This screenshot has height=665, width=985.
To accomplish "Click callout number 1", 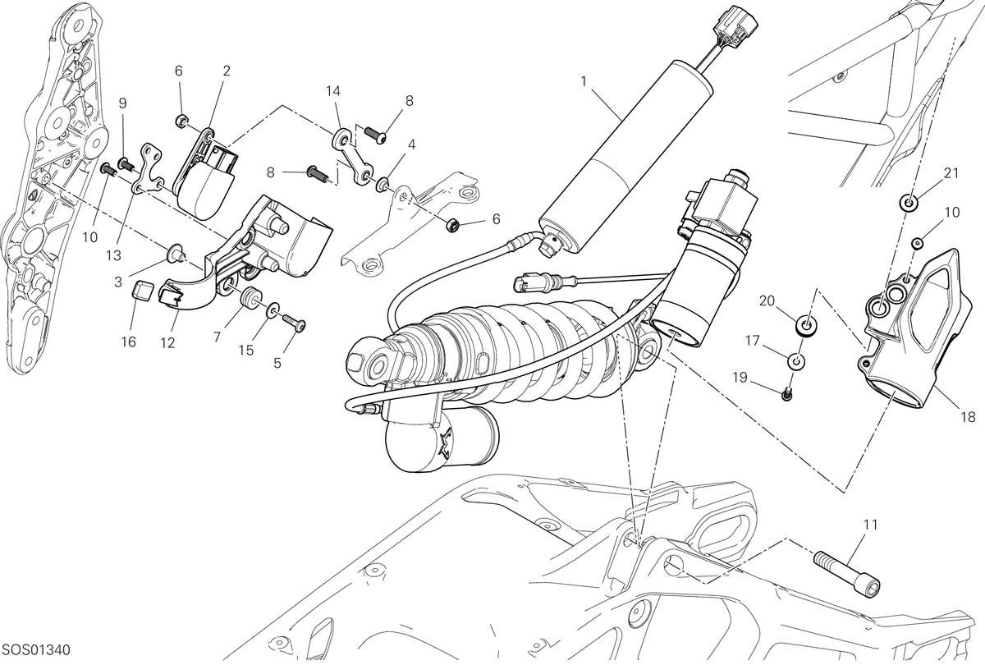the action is click(584, 81).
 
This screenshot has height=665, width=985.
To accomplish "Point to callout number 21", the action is click(951, 173).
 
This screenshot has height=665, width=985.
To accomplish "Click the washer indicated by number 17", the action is click(796, 361).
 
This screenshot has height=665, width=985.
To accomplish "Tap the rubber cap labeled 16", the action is click(144, 291).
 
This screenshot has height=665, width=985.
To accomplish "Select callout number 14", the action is click(333, 91).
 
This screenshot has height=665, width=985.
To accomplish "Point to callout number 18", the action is click(969, 417).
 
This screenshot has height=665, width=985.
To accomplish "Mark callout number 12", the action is click(167, 342).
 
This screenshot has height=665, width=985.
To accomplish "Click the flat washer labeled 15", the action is click(273, 310).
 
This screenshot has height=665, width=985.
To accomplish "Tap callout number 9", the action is click(122, 103).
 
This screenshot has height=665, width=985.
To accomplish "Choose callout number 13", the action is click(113, 255).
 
